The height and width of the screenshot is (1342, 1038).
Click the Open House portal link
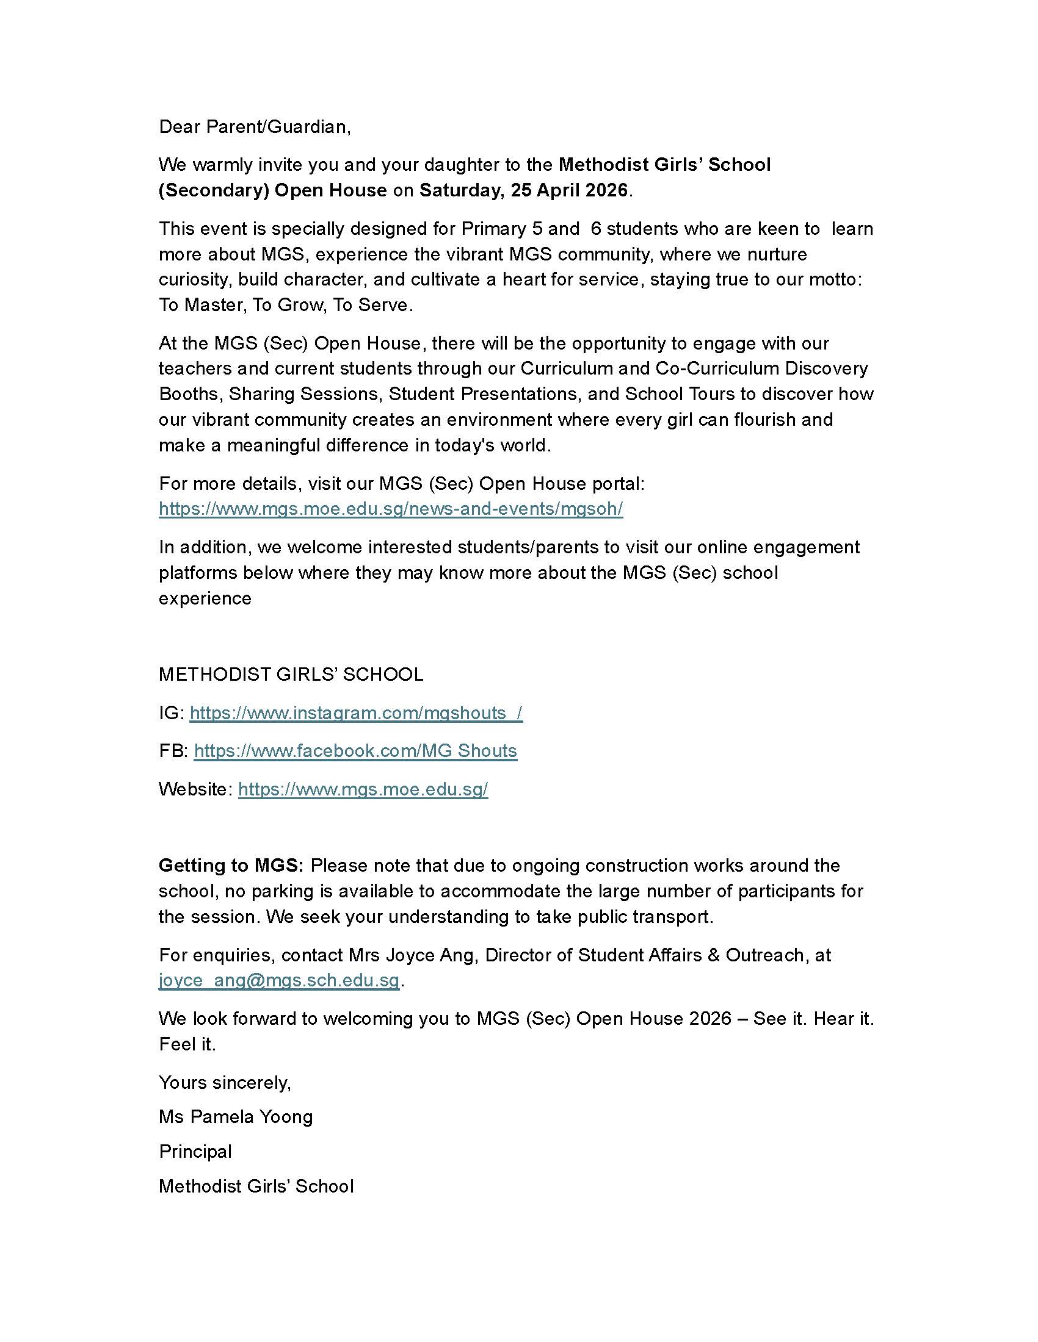(x=391, y=509)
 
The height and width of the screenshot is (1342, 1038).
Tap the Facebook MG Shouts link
(x=355, y=751)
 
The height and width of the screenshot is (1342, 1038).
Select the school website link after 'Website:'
(x=363, y=789)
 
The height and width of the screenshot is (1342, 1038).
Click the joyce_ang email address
(x=279, y=980)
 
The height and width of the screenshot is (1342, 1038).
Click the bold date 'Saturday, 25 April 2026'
(x=523, y=190)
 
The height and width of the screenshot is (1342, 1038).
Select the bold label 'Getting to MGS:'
(x=231, y=866)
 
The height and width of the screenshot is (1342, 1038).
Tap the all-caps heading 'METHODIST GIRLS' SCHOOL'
(x=291, y=675)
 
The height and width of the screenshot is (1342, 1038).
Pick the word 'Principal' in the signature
(x=195, y=1152)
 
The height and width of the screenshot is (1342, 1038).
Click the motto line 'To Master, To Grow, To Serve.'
(x=285, y=305)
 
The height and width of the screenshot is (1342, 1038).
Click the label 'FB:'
(x=173, y=751)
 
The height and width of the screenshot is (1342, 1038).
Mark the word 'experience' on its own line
(x=205, y=598)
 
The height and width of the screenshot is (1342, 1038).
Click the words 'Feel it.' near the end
(x=187, y=1044)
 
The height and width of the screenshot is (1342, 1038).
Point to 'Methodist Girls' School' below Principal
(x=256, y=1186)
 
